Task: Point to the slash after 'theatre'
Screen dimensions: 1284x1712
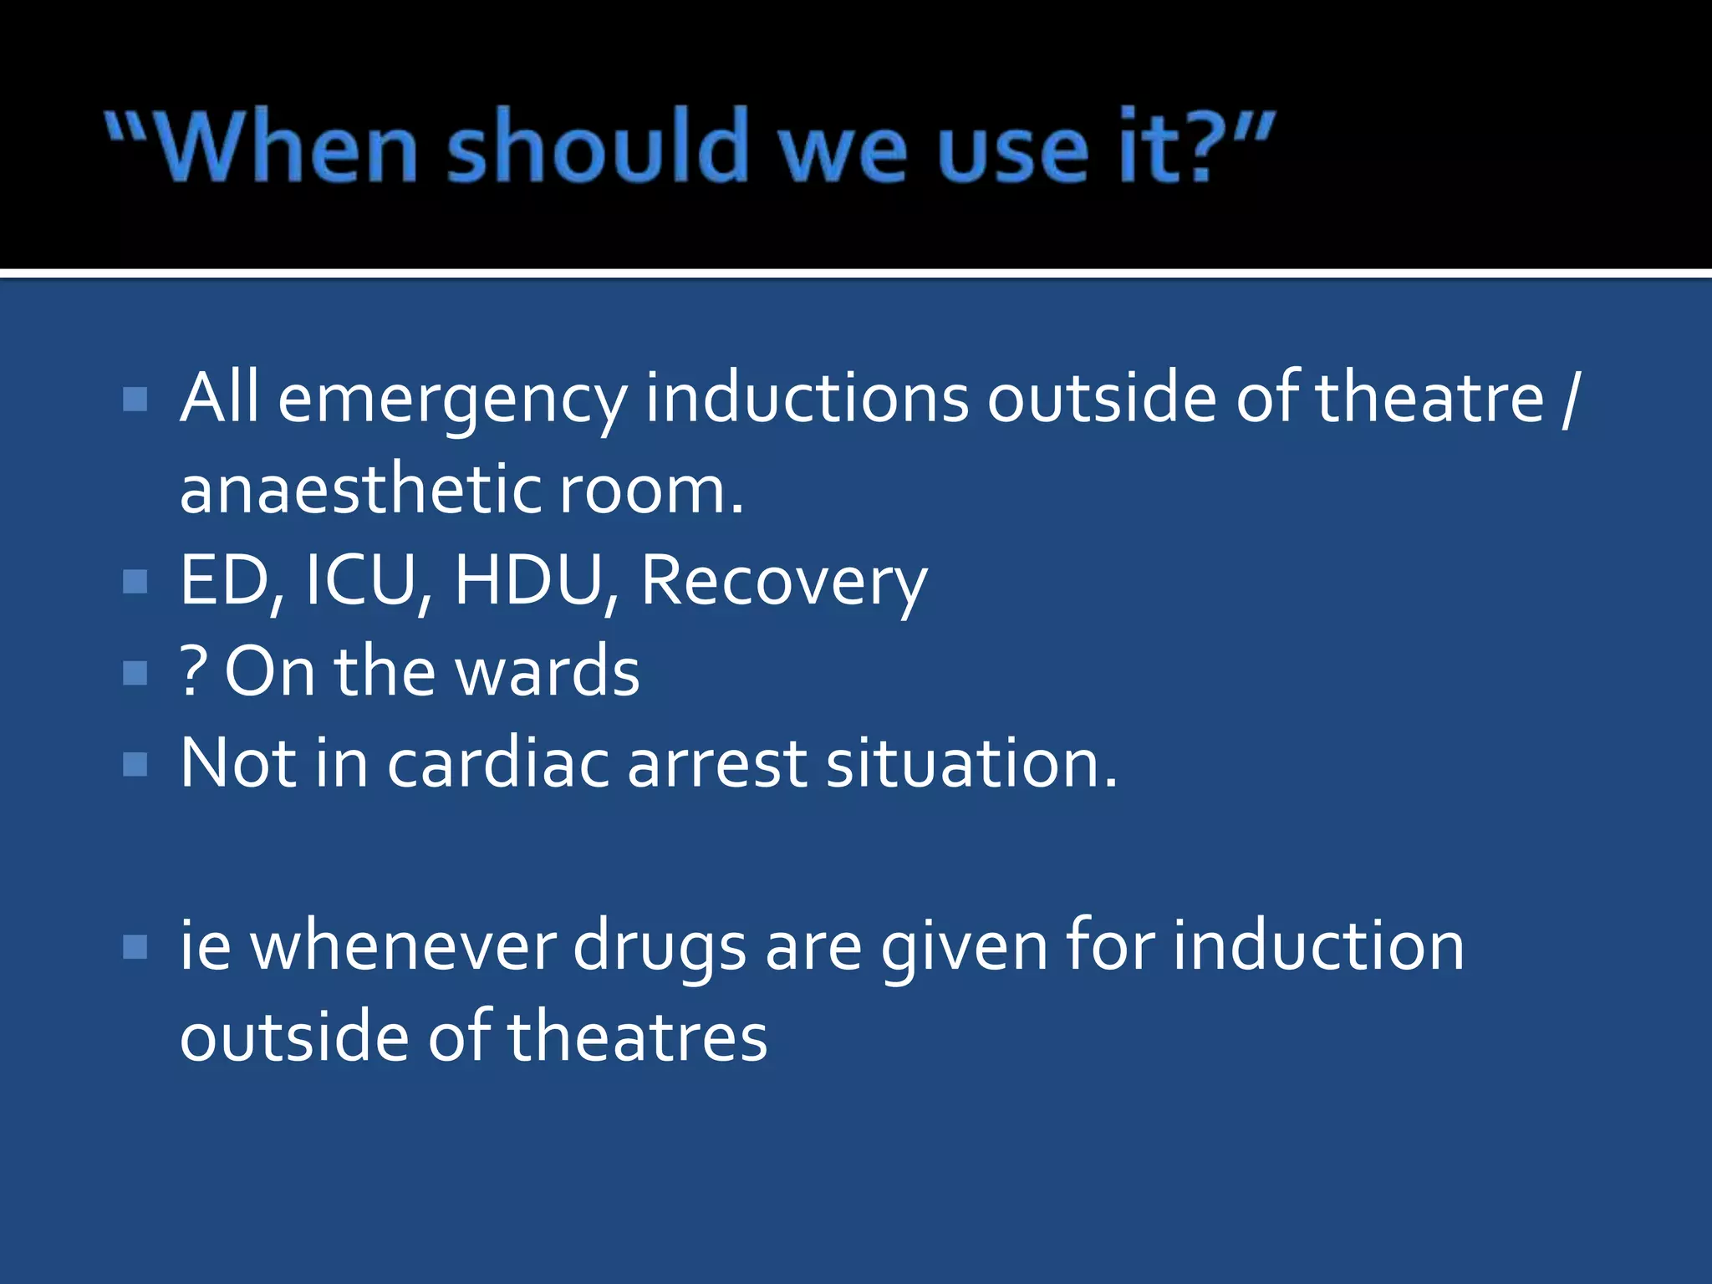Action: pyautogui.click(x=1569, y=399)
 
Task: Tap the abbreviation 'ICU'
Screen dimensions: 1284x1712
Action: pyautogui.click(x=361, y=580)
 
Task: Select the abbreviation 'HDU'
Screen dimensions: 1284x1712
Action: pyautogui.click(x=527, y=580)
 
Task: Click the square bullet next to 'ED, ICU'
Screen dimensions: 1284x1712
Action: pyautogui.click(x=135, y=581)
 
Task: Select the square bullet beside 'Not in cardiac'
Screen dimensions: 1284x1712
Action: pyautogui.click(x=135, y=764)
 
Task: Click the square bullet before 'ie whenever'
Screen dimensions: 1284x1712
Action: pyautogui.click(x=135, y=947)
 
